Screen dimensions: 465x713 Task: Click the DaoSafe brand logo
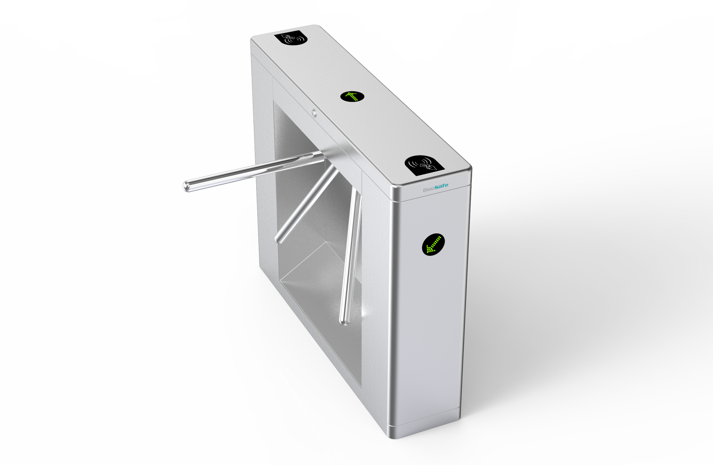point(436,188)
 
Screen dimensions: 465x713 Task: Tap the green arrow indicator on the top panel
point(352,96)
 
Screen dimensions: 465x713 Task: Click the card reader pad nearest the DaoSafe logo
point(424,166)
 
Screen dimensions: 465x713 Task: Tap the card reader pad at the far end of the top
point(290,38)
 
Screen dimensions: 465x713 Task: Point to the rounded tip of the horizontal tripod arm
point(186,187)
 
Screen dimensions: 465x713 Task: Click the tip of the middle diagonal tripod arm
point(279,239)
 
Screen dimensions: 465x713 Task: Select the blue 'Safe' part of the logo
point(441,186)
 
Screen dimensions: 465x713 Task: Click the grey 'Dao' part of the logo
point(429,189)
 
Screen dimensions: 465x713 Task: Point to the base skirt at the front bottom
point(425,425)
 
